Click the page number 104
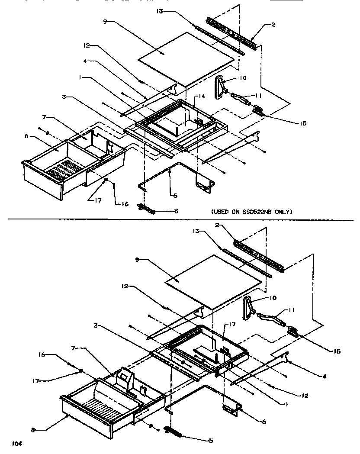tap(16, 444)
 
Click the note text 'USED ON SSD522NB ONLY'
tap(252, 212)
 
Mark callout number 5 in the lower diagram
tap(211, 441)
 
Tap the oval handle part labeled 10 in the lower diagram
tap(248, 307)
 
